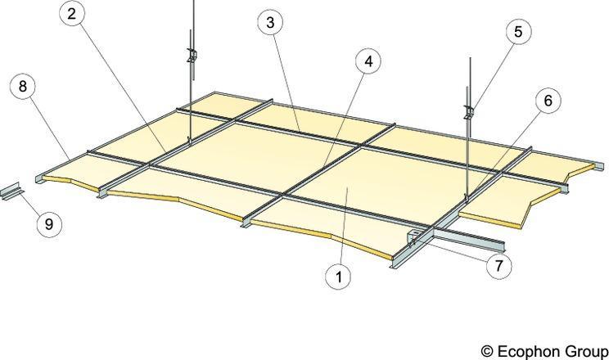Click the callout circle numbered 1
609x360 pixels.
339,277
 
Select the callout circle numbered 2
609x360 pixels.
72,14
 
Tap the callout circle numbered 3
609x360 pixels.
270,23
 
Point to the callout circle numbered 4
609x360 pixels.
368,61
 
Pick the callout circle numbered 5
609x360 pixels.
518,31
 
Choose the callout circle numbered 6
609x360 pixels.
548,101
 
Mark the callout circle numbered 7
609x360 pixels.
498,266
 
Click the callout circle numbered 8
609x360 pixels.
23,86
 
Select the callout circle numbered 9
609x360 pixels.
49,224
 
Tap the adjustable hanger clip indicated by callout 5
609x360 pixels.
469,112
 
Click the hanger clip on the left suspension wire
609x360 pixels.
192,54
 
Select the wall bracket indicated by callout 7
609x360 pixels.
413,238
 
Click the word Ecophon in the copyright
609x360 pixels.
529,351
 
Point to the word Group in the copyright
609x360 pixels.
586,351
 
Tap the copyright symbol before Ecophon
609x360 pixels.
487,352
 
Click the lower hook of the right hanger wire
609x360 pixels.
467,199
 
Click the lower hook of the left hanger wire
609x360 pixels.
189,139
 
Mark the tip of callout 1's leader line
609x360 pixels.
348,187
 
